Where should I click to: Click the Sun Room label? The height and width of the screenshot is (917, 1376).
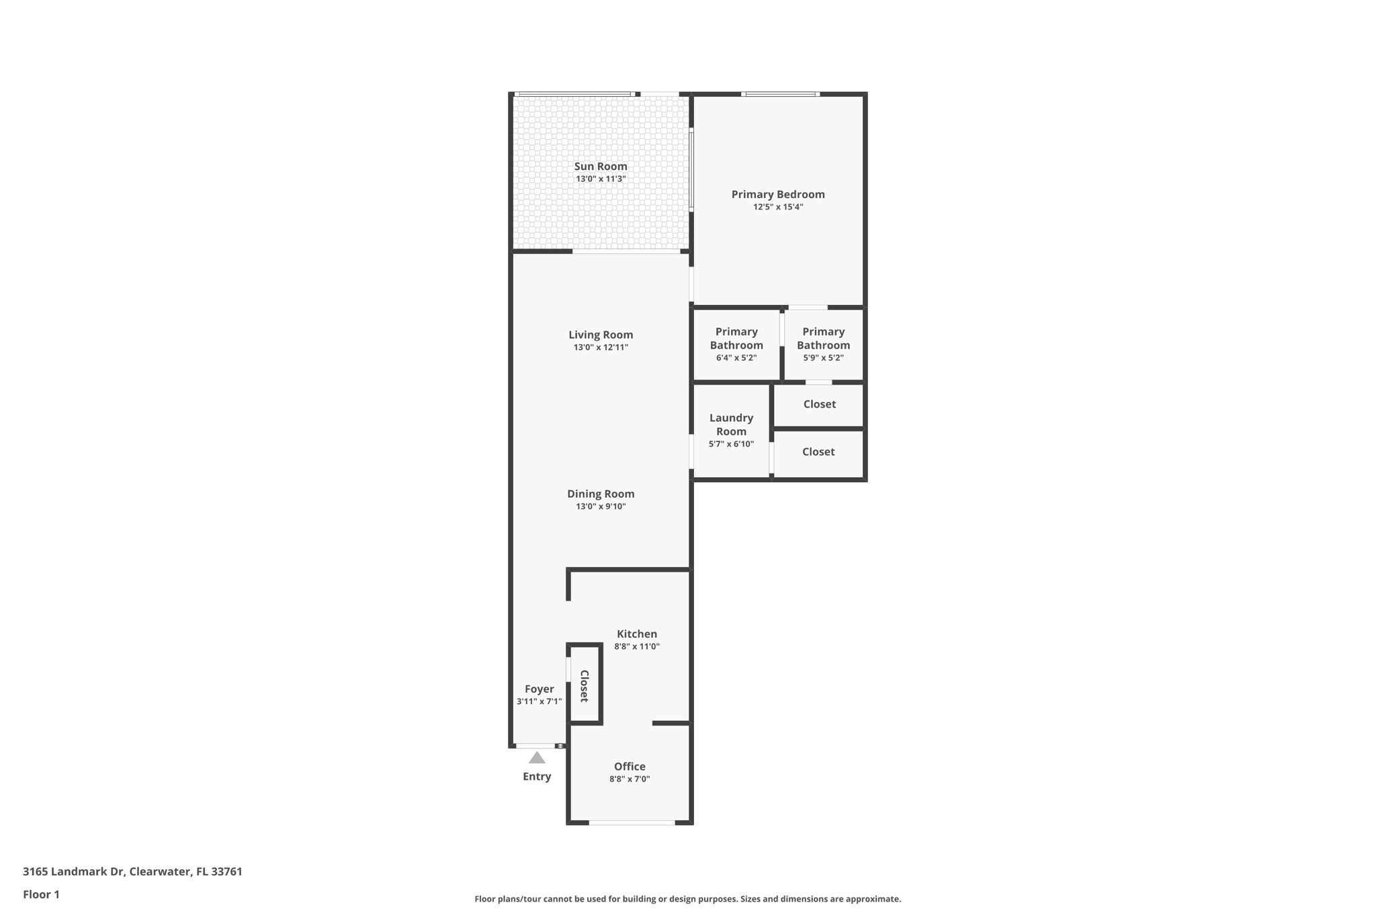point(600,167)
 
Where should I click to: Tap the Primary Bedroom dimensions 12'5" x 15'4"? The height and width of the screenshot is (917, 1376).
point(777,207)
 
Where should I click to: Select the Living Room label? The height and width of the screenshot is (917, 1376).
point(600,335)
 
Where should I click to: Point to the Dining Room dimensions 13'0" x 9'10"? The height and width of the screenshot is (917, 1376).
point(600,507)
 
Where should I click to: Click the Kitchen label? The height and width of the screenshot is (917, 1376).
point(636,634)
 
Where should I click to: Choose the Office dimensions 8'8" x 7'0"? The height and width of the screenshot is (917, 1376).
point(629,779)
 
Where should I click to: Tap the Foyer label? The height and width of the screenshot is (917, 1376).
point(539,689)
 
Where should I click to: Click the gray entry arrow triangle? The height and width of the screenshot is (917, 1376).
point(536,758)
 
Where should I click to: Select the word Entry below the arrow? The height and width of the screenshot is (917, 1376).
point(536,777)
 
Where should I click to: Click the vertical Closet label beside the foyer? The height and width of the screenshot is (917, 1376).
point(584,686)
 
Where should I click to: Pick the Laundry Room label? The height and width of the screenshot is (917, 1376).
point(731,425)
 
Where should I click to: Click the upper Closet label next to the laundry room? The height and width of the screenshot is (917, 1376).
point(819,404)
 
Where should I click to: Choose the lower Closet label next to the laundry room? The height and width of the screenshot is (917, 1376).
point(818,451)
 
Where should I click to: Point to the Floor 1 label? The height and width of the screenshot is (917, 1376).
point(41,894)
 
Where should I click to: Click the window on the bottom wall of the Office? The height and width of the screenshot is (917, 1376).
point(632,822)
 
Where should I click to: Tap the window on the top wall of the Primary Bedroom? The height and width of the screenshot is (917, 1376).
point(780,94)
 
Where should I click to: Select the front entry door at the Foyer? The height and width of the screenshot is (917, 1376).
point(535,746)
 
